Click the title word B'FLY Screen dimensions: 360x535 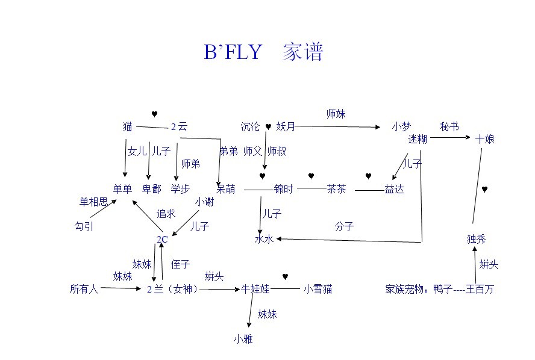click(233, 52)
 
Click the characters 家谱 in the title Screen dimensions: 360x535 click(302, 52)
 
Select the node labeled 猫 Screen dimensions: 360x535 click(127, 126)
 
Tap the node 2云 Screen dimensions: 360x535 click(179, 127)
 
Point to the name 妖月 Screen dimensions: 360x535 click(286, 126)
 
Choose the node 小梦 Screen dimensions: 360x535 click(401, 126)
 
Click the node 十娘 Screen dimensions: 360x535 click(485, 139)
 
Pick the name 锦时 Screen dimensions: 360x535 click(284, 189)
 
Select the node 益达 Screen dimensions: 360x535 click(394, 189)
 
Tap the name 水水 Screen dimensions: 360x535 click(264, 239)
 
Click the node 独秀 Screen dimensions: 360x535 click(476, 239)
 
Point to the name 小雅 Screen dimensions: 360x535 click(243, 339)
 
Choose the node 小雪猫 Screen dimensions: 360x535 click(318, 289)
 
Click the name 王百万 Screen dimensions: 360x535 click(480, 289)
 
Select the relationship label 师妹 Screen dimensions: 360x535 click(336, 114)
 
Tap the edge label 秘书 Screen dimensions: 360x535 click(449, 126)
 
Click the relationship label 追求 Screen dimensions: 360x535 click(166, 214)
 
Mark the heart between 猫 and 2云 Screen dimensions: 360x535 click(154, 114)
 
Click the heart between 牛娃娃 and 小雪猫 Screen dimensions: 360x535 click(286, 277)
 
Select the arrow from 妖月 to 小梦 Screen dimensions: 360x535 click(337, 127)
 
